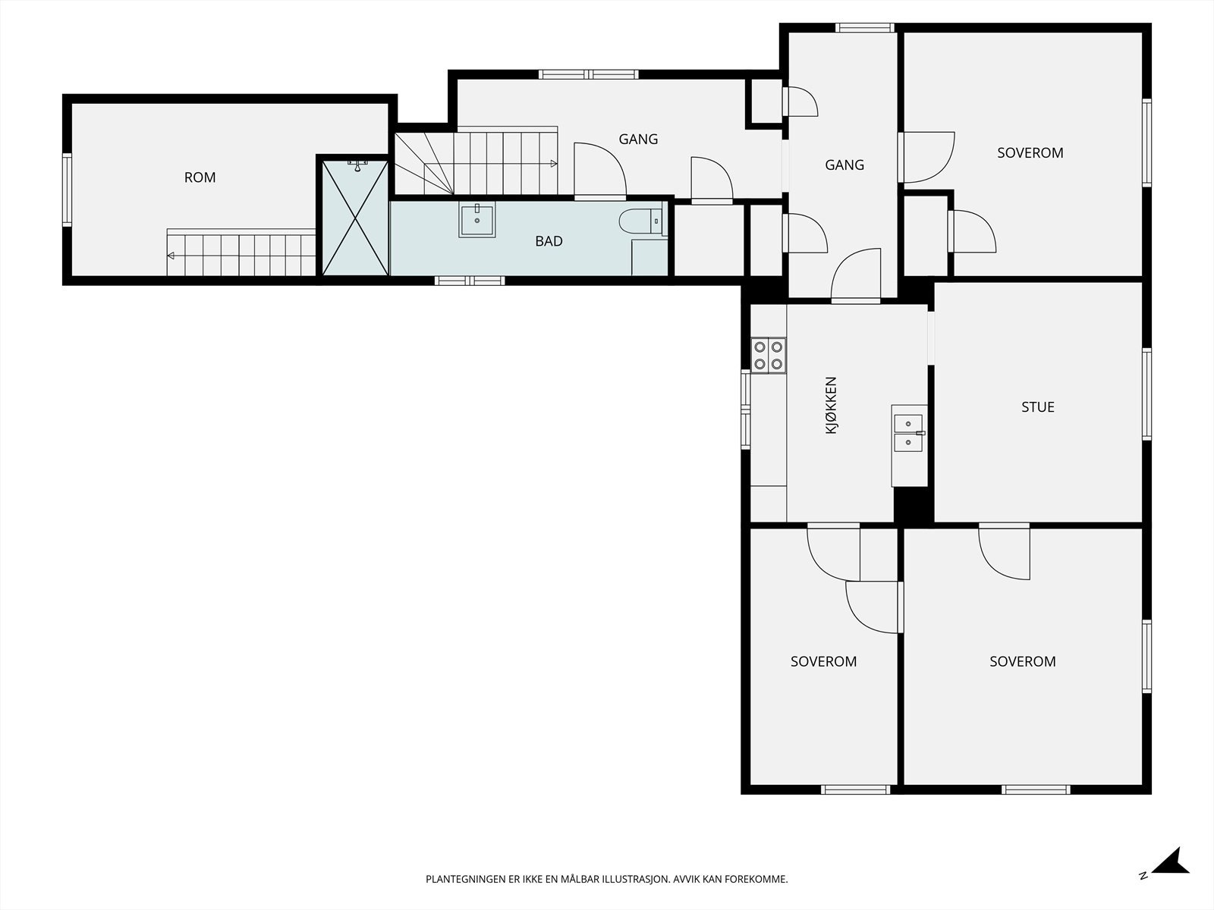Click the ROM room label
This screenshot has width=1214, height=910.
200,177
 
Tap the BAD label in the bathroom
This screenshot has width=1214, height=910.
549,241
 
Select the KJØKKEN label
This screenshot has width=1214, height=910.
831,405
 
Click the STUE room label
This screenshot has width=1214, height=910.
1037,407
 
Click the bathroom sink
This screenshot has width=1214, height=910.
476,219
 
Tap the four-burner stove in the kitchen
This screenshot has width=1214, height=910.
768,355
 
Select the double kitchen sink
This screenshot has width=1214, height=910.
908,433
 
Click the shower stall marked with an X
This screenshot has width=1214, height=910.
355,218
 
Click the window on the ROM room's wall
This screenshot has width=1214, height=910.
67,190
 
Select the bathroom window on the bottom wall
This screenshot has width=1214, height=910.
470,281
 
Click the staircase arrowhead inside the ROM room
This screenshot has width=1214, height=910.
171,256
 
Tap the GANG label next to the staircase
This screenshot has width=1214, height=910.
638,140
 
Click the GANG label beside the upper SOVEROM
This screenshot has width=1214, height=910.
844,165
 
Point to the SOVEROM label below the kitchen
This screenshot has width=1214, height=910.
823,661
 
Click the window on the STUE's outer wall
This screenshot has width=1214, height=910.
1147,394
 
